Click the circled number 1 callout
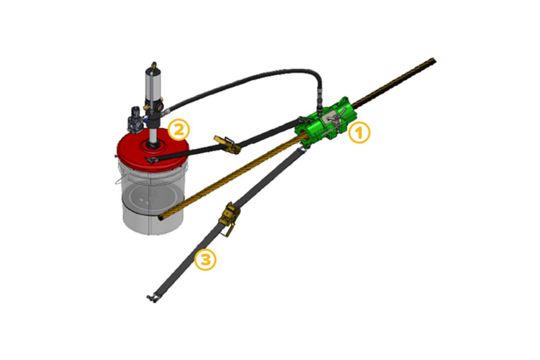click(x=359, y=133)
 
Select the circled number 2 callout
click(x=179, y=129)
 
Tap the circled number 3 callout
click(x=205, y=259)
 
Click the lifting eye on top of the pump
click(x=153, y=65)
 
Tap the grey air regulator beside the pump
click(x=135, y=120)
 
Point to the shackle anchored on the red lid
click(x=151, y=160)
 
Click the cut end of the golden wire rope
click(x=162, y=218)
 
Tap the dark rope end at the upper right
click(x=433, y=62)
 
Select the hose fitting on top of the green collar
click(x=320, y=103)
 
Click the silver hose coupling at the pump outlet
click(x=167, y=111)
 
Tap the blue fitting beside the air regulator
click(x=145, y=120)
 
